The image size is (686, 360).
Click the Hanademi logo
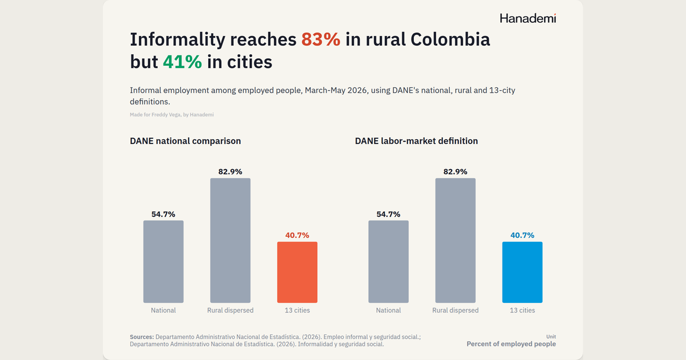point(528,18)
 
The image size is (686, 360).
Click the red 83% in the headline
point(321,39)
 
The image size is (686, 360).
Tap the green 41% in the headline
point(182,62)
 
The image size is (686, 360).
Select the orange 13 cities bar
point(297,272)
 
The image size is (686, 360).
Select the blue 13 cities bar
point(522,272)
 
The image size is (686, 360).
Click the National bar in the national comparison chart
point(163,262)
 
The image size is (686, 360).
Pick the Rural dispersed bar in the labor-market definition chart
point(456,241)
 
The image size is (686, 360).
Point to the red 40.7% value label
point(297,235)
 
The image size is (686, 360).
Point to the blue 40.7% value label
point(522,235)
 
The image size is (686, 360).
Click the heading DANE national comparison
point(185,141)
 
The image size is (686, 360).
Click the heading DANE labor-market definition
point(416,141)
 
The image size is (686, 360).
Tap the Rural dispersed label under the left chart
point(230,310)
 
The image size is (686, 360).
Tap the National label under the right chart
point(388,310)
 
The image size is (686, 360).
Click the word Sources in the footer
point(142,337)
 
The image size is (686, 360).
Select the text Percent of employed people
point(511,344)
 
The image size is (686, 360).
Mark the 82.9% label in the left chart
point(230,171)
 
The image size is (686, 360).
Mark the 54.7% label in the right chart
point(388,214)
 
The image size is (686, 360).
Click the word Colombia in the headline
point(450,39)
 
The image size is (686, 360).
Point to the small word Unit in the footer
point(551,337)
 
